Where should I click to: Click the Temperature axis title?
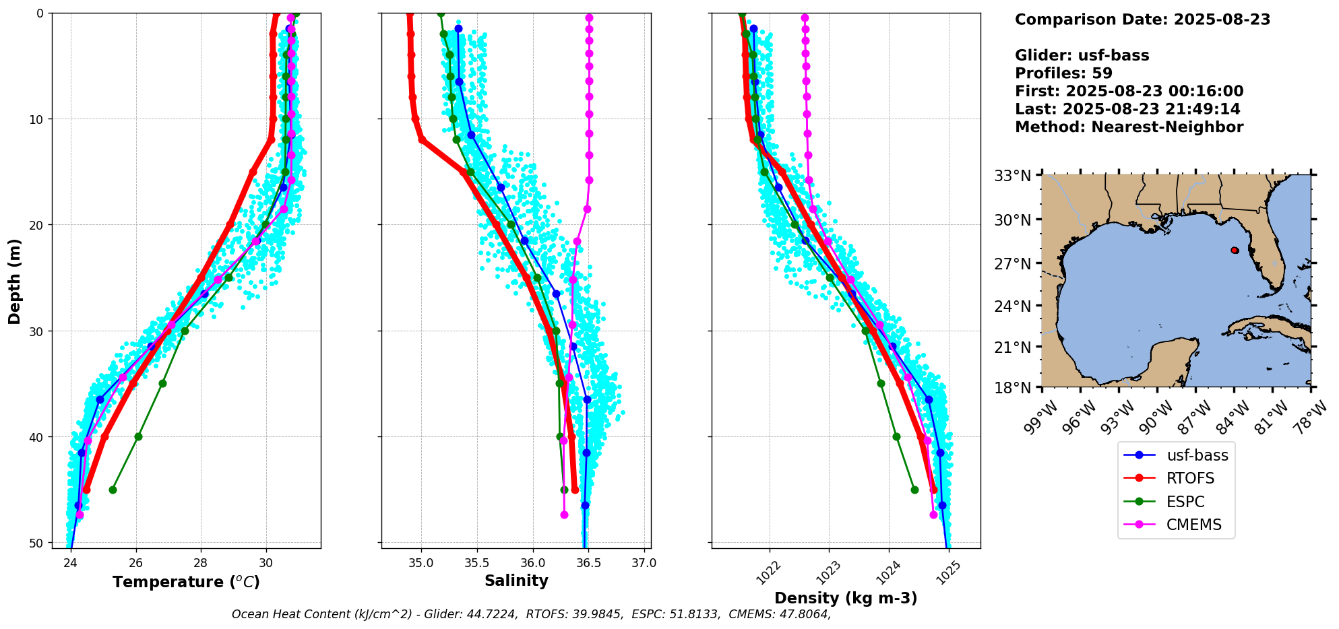(186, 582)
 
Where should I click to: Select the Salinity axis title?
(516, 581)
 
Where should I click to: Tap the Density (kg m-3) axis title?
(846, 598)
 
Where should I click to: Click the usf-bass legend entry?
(1197, 455)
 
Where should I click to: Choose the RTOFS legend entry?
(1190, 478)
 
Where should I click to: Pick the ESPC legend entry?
(1185, 502)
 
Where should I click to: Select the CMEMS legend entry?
(1193, 525)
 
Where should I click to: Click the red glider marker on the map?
(1235, 251)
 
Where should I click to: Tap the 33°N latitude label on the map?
(1013, 176)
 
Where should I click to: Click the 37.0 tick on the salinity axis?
(644, 562)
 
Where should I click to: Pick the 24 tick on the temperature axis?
(71, 562)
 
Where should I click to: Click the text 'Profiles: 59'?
(1063, 73)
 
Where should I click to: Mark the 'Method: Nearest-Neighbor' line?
(1129, 127)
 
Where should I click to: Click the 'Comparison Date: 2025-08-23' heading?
(1142, 20)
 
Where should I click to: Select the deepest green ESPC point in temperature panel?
(113, 490)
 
